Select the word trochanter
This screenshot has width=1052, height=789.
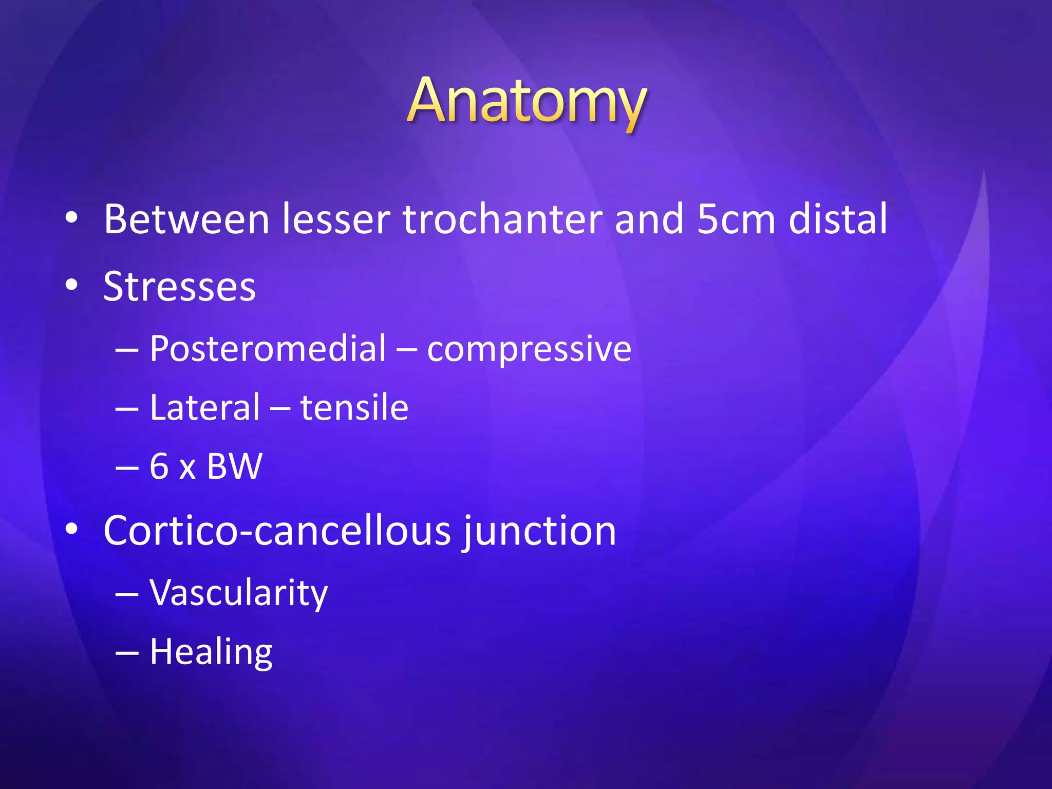(502, 219)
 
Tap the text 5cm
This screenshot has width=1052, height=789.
(736, 219)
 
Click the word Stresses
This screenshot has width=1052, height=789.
(179, 287)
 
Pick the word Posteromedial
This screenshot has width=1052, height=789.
(268, 349)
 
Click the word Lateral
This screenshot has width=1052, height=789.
(204, 407)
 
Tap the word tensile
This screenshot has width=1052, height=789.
(354, 407)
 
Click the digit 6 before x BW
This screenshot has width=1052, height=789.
(159, 466)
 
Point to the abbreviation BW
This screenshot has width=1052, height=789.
(234, 466)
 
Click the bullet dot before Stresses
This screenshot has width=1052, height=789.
(71, 285)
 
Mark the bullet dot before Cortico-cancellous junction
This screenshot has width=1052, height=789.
(71, 529)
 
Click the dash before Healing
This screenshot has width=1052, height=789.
(127, 653)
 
